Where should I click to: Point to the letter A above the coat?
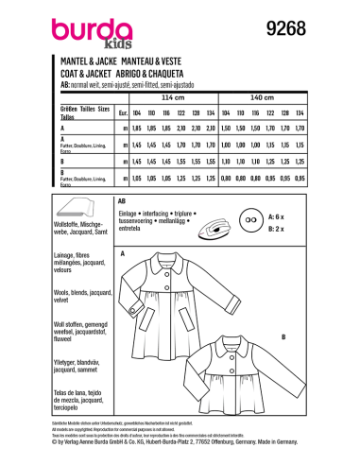[x=122, y=254]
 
